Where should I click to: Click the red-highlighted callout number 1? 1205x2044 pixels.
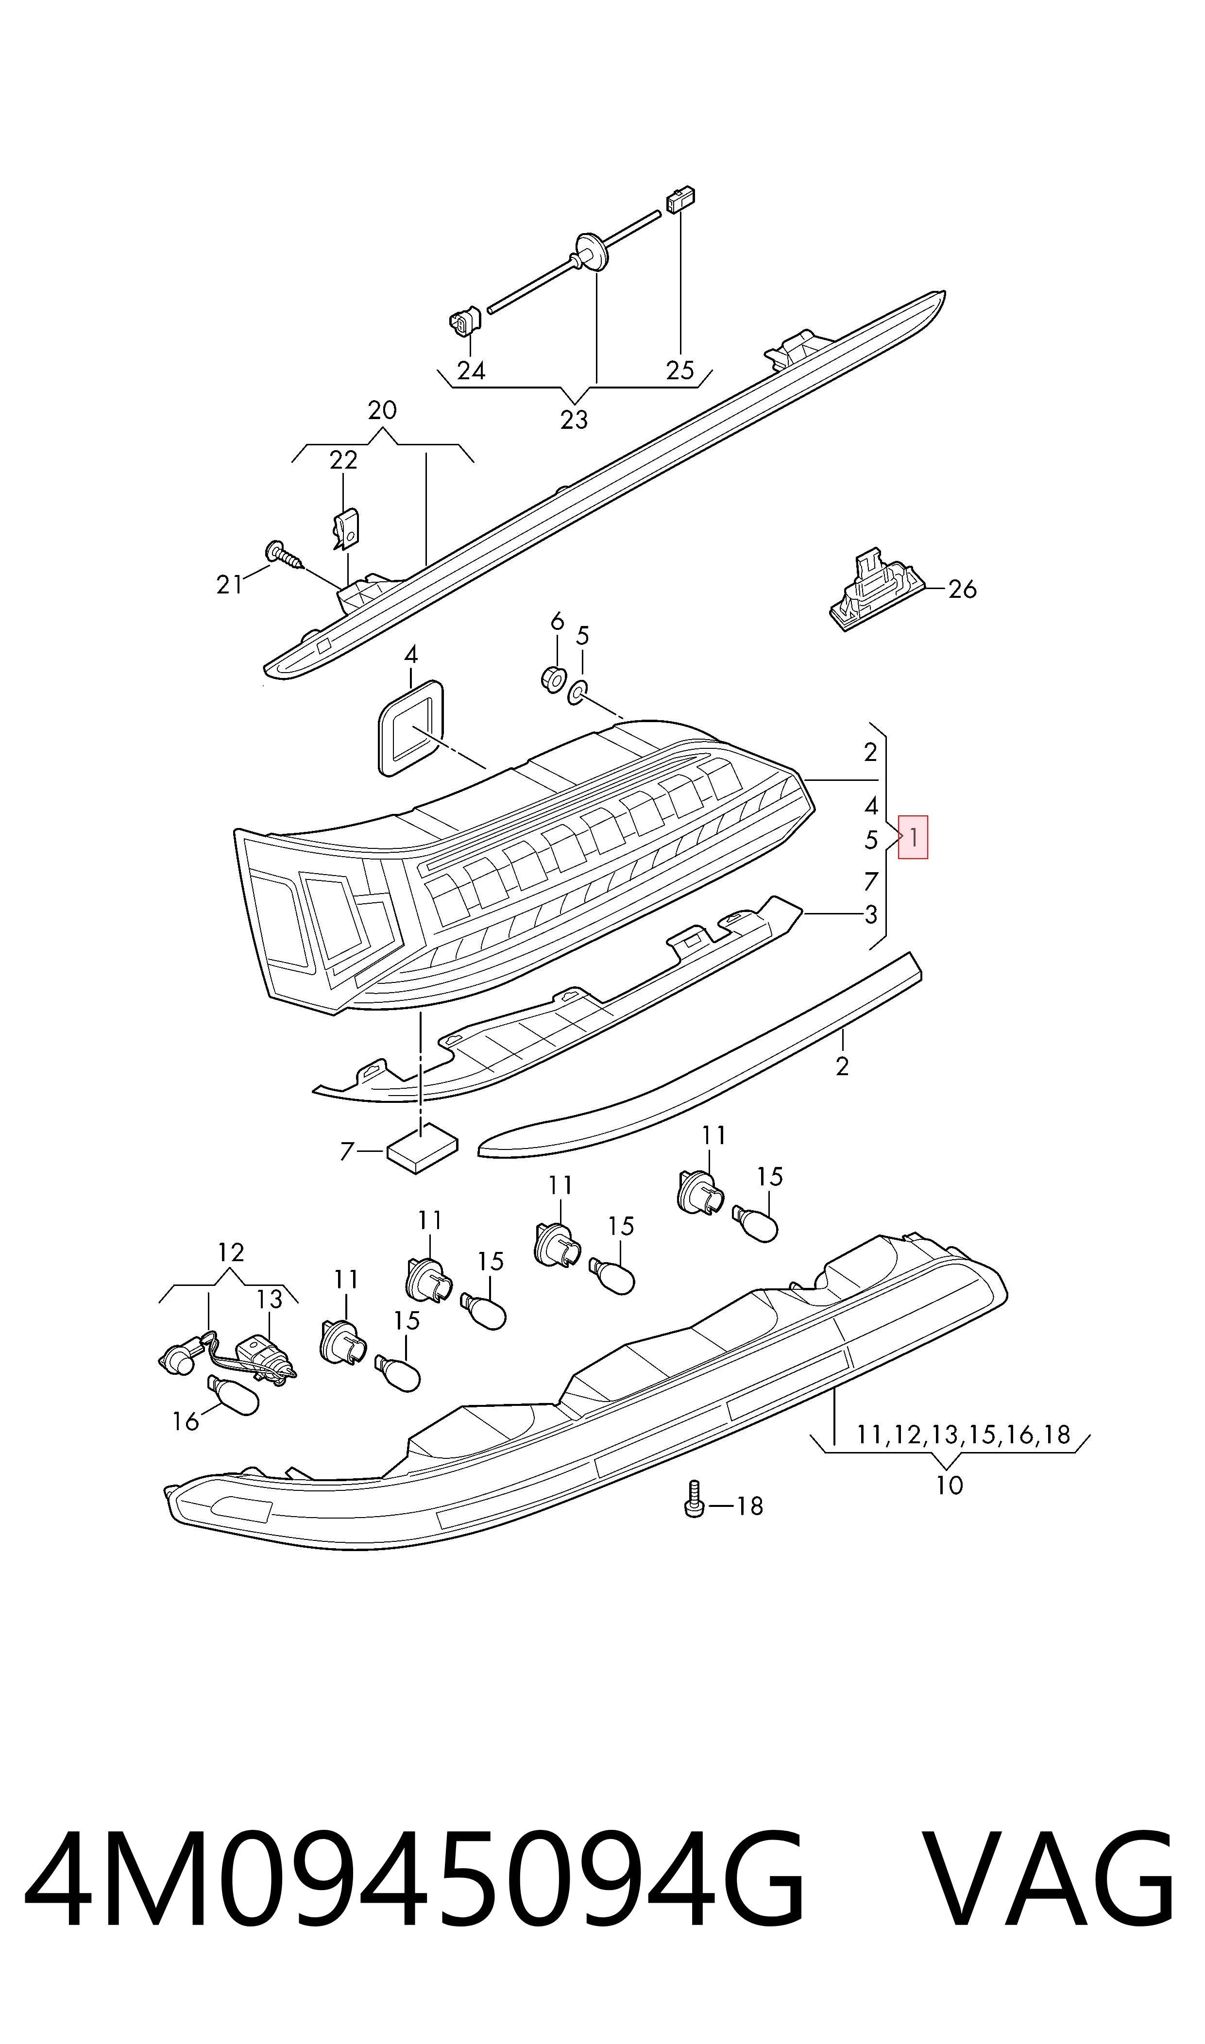coord(914,837)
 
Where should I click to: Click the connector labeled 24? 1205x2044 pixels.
coord(464,322)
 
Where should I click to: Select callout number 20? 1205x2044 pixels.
coord(382,410)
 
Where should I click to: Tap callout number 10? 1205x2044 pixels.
coord(949,1486)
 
